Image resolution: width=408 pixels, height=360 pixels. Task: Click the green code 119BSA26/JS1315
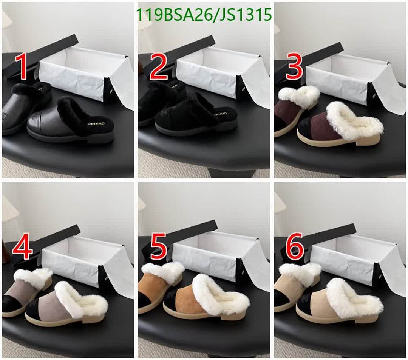204,15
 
